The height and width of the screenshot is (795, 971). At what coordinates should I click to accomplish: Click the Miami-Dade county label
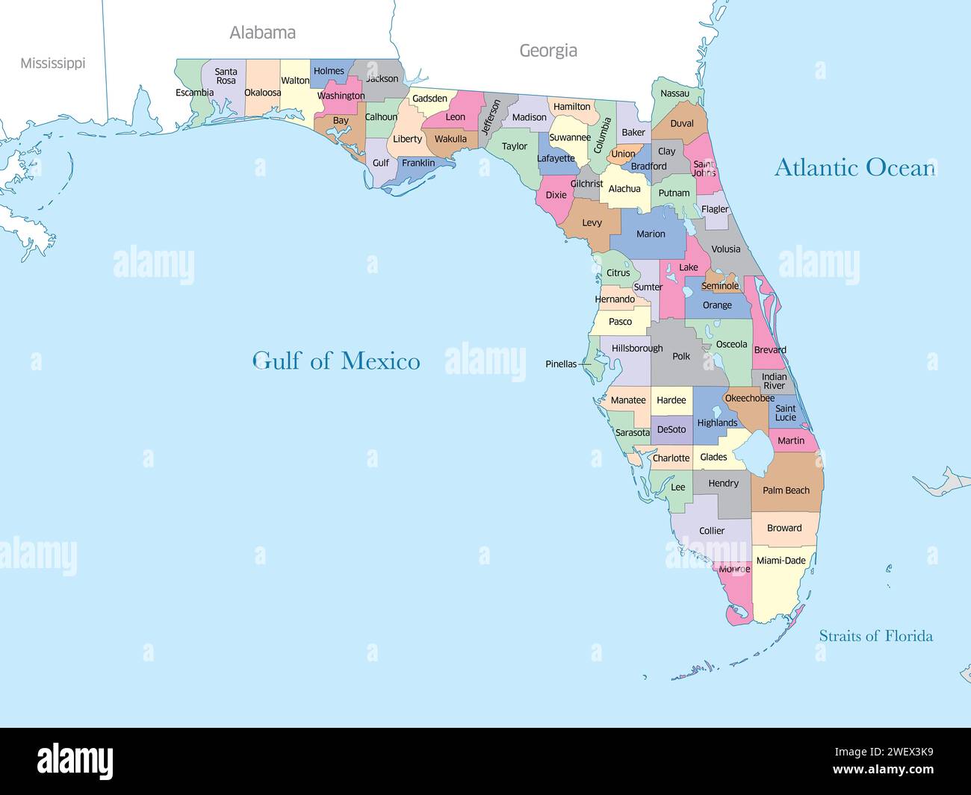click(781, 561)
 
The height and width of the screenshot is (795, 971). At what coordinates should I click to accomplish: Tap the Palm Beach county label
click(786, 490)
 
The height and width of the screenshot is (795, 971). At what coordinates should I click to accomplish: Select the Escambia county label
click(194, 93)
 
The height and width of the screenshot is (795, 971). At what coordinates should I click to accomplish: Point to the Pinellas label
click(561, 364)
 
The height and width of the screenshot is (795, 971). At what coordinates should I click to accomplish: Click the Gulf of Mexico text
click(336, 361)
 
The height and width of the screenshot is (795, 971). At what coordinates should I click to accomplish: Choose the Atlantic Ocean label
click(854, 167)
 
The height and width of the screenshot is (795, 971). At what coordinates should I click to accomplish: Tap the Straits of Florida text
click(875, 636)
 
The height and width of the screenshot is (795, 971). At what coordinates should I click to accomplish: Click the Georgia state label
click(548, 51)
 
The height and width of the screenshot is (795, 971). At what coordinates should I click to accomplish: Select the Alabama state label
click(262, 33)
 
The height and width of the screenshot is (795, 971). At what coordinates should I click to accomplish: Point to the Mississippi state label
click(52, 63)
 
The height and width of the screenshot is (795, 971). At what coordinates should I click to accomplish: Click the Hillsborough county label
click(637, 349)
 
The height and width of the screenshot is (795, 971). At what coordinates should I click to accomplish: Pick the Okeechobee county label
click(749, 399)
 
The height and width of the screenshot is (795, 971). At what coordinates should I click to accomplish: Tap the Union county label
click(623, 155)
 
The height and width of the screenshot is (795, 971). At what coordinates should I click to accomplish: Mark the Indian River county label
click(774, 381)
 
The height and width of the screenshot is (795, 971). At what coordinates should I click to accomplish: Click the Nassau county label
click(674, 94)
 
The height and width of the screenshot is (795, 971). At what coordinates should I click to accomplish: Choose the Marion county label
click(651, 234)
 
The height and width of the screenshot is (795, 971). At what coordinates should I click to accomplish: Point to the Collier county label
click(712, 531)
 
